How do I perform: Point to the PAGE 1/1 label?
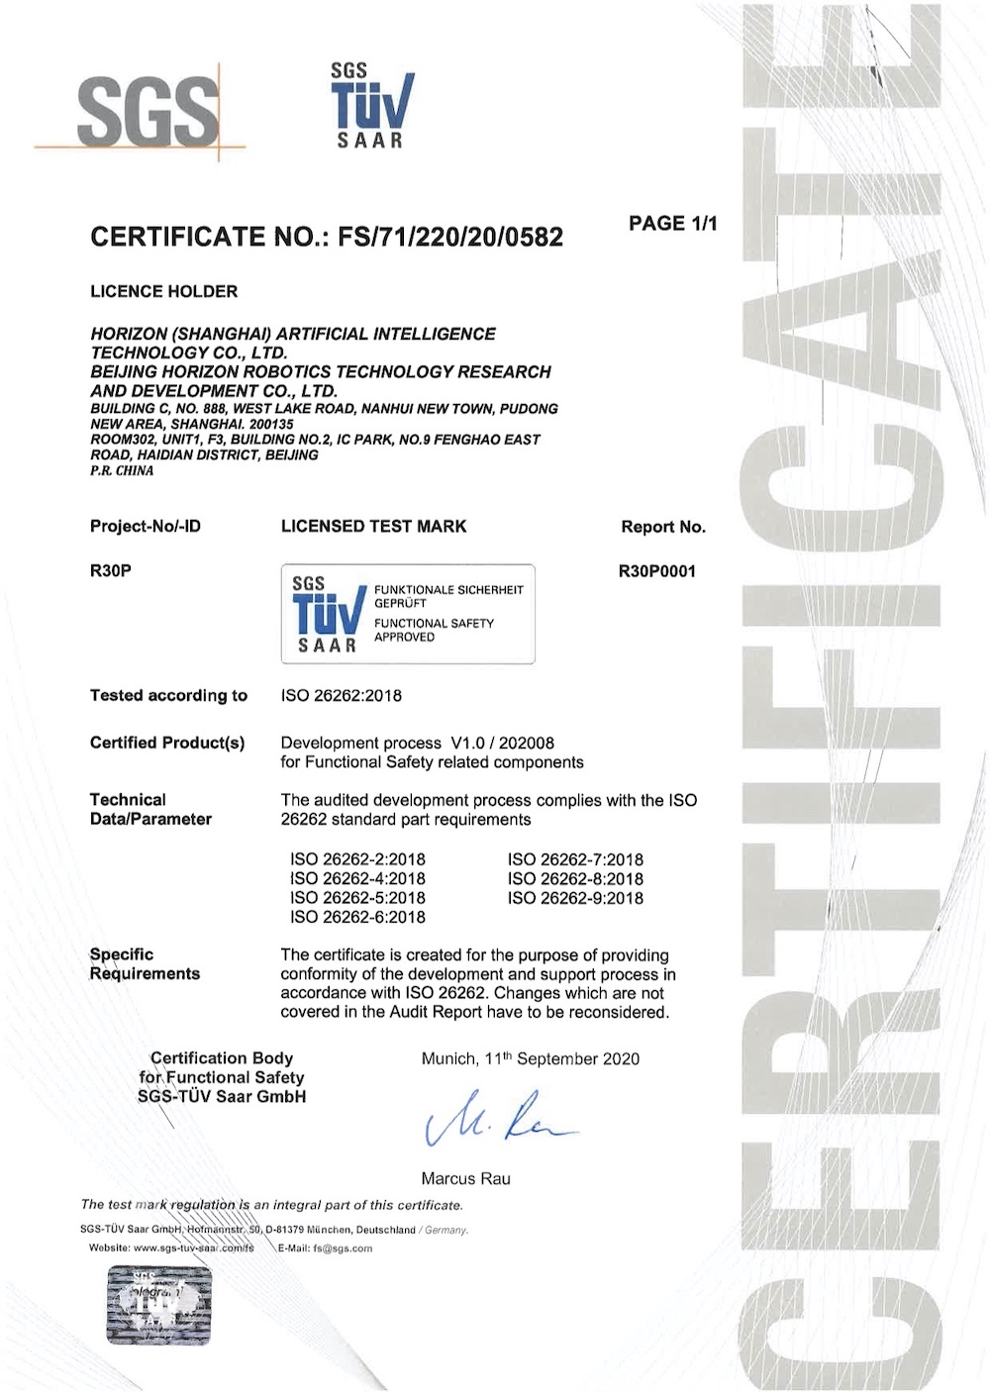coord(672,224)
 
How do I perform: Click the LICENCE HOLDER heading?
coord(164,292)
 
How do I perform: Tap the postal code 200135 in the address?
coord(271,425)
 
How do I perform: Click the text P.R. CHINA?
coord(122,471)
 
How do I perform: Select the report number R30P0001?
coord(656,571)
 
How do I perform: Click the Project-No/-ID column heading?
coord(145,527)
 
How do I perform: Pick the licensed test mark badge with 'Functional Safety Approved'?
coord(408,614)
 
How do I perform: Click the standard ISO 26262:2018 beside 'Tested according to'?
coord(342,696)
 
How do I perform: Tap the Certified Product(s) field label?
coord(167,743)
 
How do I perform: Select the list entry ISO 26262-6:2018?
coord(357,918)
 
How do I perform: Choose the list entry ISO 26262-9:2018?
coord(575,899)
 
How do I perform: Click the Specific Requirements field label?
coord(145,964)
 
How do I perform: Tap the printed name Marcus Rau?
coord(465,1179)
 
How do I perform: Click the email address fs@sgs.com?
coord(343,1249)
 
